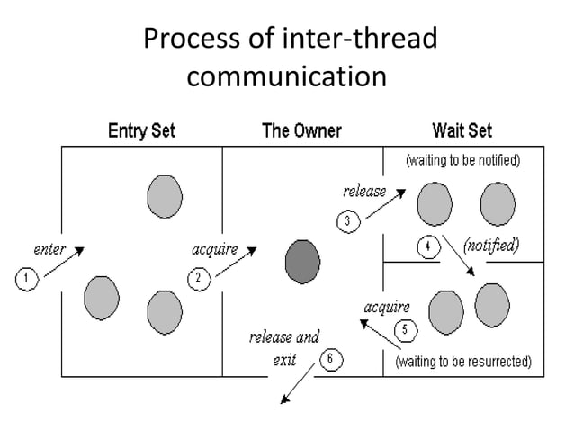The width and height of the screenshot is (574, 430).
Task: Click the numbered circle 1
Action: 26,279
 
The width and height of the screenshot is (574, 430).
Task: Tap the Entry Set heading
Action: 142,131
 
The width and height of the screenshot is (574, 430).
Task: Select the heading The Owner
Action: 301,131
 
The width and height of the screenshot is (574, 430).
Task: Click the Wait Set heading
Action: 462,131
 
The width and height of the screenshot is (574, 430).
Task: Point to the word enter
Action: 49,248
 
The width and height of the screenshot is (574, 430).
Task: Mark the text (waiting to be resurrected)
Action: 464,362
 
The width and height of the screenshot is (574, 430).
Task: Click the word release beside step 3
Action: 364,191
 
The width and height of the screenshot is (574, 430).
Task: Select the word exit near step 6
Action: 285,360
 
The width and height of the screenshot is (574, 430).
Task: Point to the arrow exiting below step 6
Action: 296,388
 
